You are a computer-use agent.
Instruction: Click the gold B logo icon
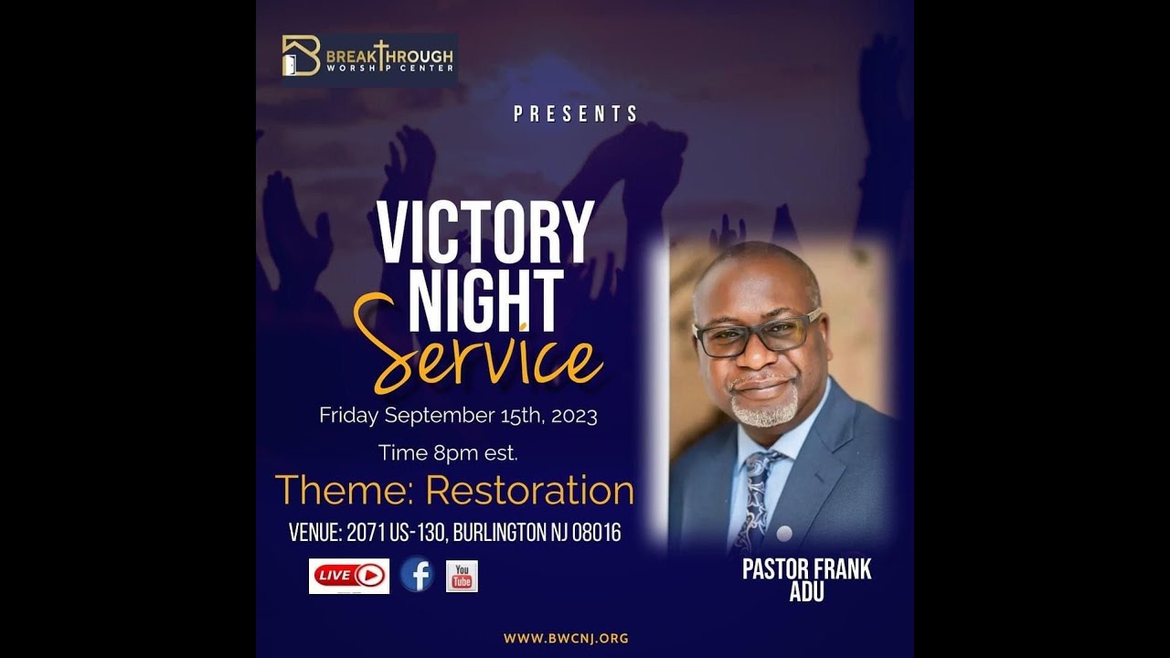[301, 56]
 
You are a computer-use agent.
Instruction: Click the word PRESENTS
[576, 114]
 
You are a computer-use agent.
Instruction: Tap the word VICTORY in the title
[485, 233]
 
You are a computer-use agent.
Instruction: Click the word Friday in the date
[349, 416]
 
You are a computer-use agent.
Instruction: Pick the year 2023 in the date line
[574, 416]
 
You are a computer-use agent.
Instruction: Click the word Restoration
[529, 490]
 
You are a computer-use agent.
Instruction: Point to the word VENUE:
[315, 533]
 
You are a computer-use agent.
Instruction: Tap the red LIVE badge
[349, 576]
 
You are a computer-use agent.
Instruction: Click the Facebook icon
[417, 575]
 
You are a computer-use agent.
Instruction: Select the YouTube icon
[462, 576]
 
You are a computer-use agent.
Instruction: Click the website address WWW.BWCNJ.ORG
[566, 639]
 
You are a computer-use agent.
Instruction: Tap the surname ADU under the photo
[806, 592]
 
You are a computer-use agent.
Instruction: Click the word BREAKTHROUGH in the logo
[389, 54]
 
